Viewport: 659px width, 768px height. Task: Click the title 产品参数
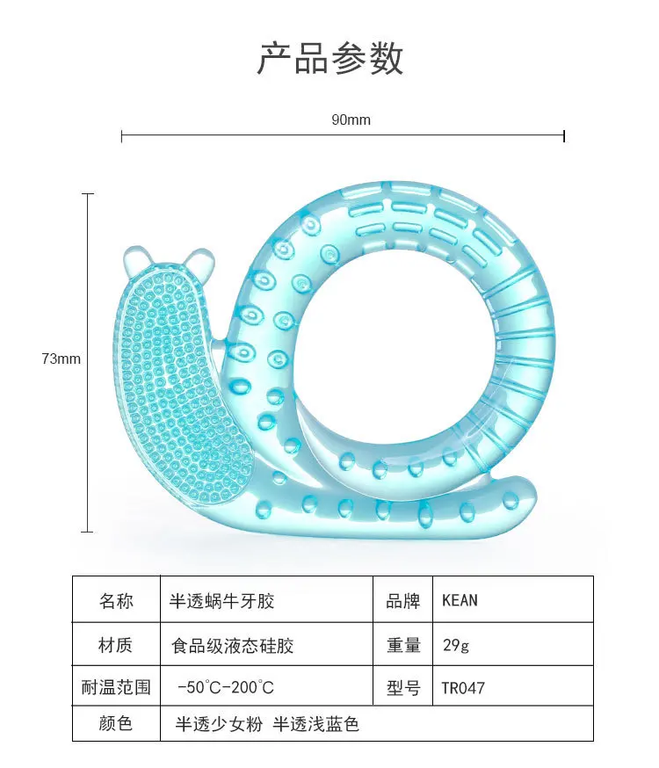[329, 58]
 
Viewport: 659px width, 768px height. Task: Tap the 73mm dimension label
[61, 359]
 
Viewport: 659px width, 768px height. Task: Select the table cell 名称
[116, 601]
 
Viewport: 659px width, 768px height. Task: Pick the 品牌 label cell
[403, 601]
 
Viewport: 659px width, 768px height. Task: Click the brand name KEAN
[460, 601]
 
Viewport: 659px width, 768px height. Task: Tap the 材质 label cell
[116, 646]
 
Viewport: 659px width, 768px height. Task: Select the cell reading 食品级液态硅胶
[232, 646]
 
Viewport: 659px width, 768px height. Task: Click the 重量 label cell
[403, 646]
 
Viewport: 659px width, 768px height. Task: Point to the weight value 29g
[456, 646]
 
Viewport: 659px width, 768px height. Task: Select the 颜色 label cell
[116, 724]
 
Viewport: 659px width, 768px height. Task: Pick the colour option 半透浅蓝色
[316, 724]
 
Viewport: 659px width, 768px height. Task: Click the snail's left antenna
[138, 260]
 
